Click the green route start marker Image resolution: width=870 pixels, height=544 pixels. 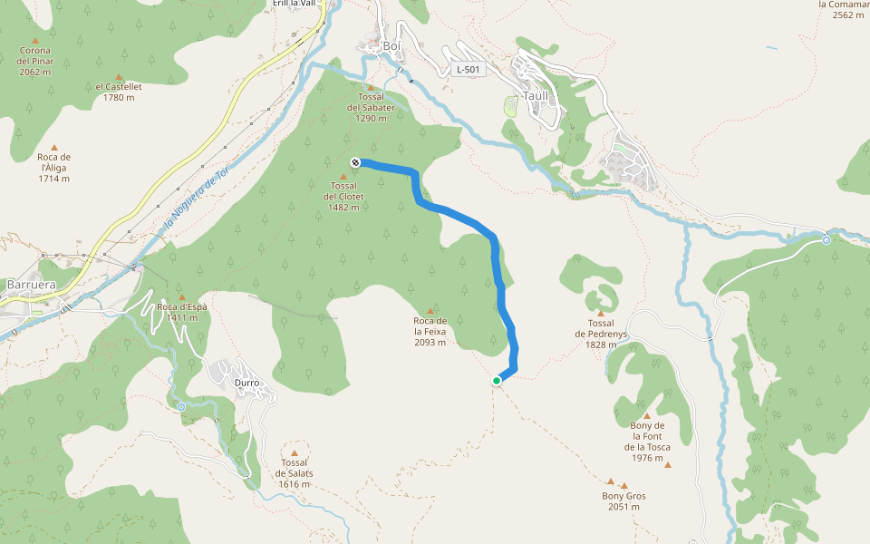point(497,381)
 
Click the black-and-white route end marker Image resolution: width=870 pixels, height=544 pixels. point(355,162)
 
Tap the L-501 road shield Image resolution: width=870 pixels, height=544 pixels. point(469,69)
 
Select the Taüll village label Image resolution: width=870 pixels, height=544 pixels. point(535,96)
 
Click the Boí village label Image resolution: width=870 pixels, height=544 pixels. point(391,46)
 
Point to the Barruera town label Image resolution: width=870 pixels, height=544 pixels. point(31,284)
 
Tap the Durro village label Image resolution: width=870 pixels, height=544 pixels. point(246,383)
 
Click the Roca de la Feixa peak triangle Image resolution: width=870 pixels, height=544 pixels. point(430,311)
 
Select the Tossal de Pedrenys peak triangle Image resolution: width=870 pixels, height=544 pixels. point(600,313)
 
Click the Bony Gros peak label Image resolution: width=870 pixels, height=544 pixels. point(623,501)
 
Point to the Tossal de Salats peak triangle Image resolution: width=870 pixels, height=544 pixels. point(294,452)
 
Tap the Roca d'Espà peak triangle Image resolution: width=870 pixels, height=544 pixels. point(181,296)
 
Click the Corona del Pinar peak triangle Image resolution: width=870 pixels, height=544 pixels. point(35,40)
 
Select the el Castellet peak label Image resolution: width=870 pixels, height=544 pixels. point(119,92)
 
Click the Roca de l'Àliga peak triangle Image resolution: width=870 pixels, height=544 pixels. point(54,147)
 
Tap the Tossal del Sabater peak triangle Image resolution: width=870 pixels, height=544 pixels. point(371,87)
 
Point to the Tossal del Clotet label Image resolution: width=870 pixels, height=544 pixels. point(343,196)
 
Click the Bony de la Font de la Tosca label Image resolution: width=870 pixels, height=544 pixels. point(647,442)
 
